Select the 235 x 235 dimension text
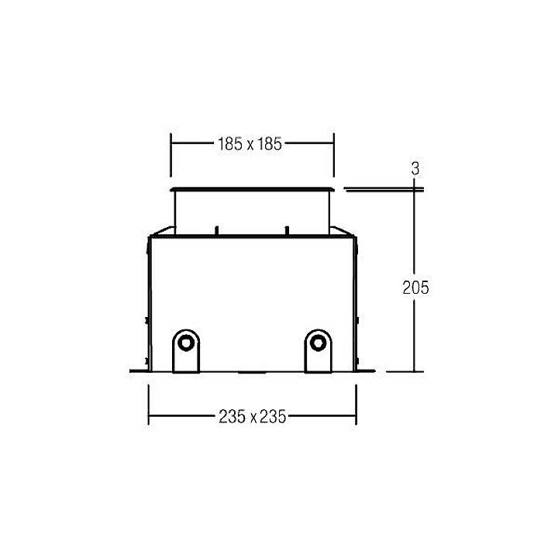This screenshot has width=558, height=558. click(252, 417)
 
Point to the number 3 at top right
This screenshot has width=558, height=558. click(416, 168)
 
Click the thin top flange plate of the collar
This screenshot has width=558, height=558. click(252, 188)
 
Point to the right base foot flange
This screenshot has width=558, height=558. click(367, 370)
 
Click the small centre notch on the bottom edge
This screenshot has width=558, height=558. click(252, 371)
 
